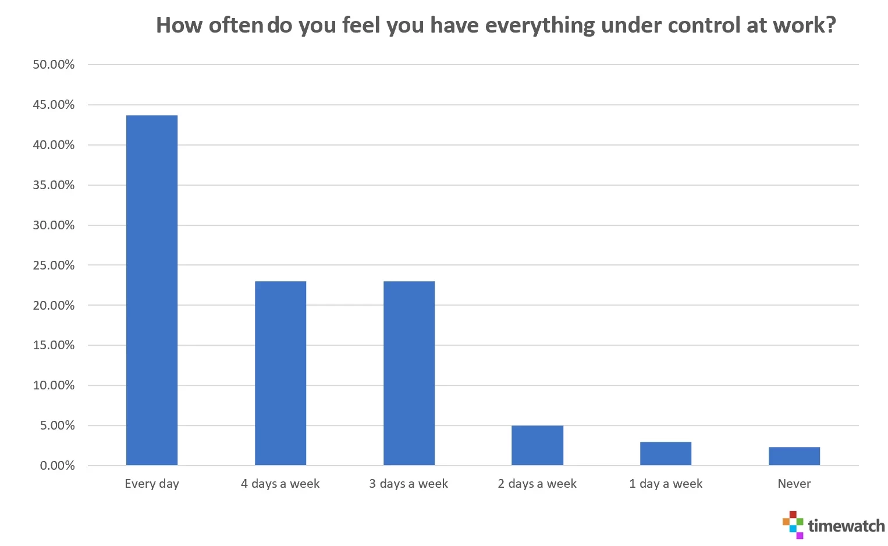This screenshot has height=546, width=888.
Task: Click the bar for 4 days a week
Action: click(280, 373)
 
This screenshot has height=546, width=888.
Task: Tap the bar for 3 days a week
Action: click(409, 373)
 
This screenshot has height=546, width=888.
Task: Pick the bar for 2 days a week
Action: click(537, 445)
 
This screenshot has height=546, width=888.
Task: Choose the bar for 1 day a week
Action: click(666, 453)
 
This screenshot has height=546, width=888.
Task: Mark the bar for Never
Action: click(794, 456)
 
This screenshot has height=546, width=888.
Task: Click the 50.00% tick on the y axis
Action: click(54, 65)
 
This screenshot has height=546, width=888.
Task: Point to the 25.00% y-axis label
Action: click(54, 265)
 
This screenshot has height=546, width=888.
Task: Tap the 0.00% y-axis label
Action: click(57, 466)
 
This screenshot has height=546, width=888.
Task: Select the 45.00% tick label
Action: click(54, 105)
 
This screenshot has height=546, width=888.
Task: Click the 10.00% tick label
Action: click(54, 385)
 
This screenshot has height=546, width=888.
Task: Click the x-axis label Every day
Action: click(152, 484)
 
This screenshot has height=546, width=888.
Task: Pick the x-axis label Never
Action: click(794, 484)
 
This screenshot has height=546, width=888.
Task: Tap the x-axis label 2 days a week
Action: click(537, 484)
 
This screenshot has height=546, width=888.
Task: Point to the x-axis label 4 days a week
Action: click(280, 484)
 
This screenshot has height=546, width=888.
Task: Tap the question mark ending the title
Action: click(830, 25)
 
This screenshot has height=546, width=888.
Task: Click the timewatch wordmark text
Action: click(846, 526)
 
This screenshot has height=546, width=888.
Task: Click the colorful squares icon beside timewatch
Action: click(793, 524)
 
